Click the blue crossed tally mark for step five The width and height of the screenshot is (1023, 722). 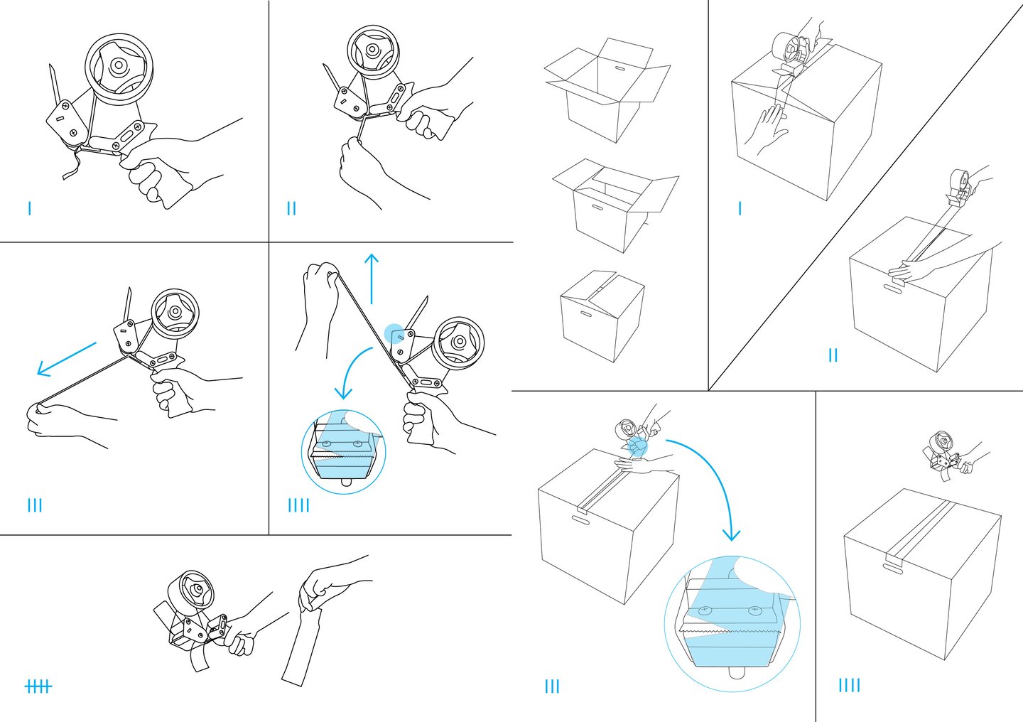[x=38, y=686]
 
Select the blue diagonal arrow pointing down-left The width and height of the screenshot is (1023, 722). [x=65, y=358]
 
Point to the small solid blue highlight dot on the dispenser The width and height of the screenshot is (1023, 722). [x=394, y=333]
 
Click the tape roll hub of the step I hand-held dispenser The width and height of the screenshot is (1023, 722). [x=117, y=66]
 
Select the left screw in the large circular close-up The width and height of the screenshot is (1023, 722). [x=706, y=610]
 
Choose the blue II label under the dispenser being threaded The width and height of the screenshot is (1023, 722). [x=291, y=208]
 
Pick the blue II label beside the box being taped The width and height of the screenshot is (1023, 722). [x=833, y=355]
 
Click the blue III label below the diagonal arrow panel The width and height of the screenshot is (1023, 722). [x=34, y=505]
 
